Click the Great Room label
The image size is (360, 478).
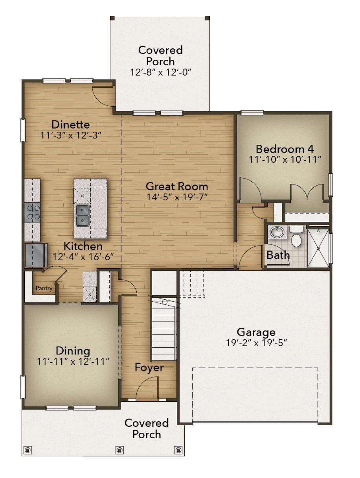tap(177, 186)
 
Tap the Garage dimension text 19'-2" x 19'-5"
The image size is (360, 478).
tap(257, 343)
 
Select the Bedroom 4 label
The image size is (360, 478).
tap(285, 149)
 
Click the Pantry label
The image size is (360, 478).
tap(44, 288)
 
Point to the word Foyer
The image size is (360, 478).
tap(149, 368)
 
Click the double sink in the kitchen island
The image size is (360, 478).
tap(83, 216)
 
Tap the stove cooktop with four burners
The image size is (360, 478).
tap(33, 212)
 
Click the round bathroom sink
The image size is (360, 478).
tap(278, 232)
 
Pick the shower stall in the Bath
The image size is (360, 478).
tap(318, 248)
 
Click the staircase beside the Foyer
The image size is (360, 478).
tap(164, 329)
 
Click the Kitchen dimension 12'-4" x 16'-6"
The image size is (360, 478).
tap(83, 257)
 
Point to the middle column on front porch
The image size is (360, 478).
tap(120, 450)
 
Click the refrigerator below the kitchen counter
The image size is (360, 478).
tap(36, 255)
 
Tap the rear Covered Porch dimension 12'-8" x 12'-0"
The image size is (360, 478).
tap(160, 72)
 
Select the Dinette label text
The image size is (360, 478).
tap(71, 125)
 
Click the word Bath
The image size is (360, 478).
tap(278, 255)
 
